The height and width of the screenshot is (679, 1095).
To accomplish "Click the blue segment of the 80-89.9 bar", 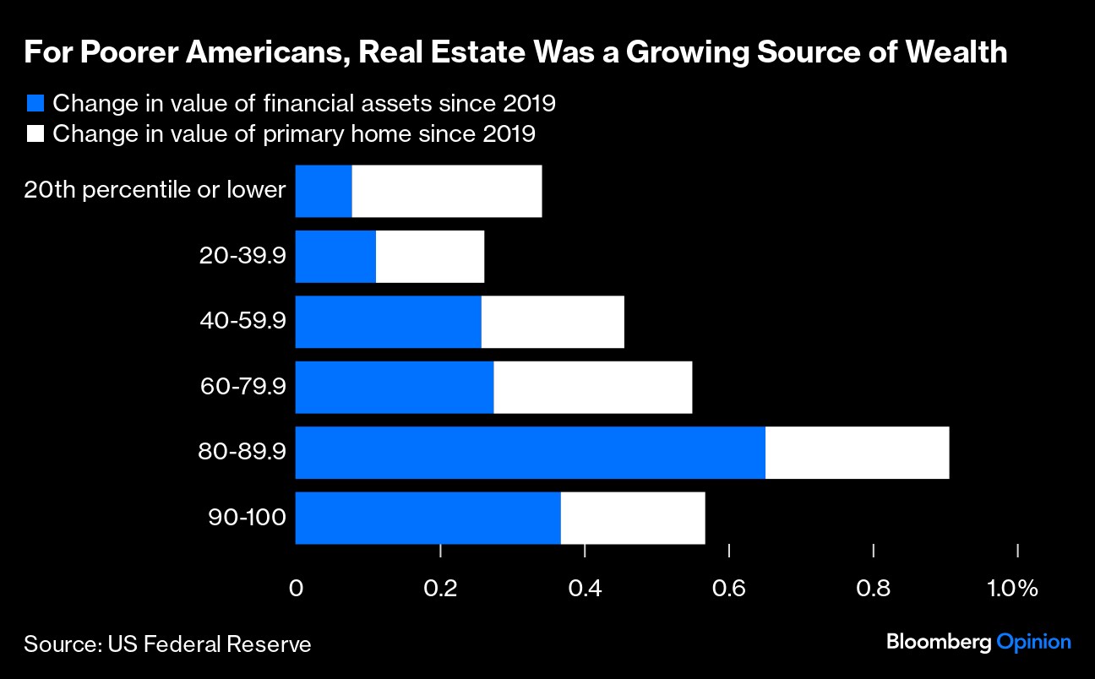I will (531, 453).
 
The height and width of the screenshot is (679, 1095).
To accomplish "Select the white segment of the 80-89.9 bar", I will (857, 453).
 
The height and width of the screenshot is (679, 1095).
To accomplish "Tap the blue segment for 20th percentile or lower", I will (324, 192).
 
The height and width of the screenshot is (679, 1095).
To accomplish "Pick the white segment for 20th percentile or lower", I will (446, 192).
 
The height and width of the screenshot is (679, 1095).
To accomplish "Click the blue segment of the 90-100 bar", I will (428, 518).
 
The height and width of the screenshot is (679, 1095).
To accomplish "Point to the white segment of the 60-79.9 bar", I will (592, 388).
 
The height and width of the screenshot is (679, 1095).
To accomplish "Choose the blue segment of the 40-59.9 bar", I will (389, 323).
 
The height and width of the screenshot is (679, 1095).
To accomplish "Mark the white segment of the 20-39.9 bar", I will (430, 257).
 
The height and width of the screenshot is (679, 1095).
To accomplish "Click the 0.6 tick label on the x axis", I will (729, 588).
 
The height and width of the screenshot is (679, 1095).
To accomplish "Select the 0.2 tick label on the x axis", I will (440, 588).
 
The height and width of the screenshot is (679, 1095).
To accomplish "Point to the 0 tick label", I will (296, 588).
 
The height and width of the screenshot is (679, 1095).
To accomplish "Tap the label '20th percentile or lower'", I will (155, 190).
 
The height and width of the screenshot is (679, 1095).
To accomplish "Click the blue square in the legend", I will (35, 104).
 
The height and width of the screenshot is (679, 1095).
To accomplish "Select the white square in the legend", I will (35, 133).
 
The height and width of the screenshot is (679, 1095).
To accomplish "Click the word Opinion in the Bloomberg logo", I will (1034, 643).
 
